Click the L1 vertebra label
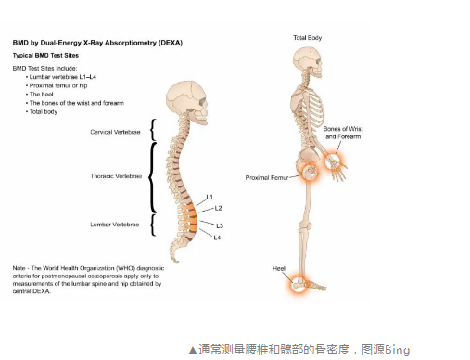210,197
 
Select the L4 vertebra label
217,238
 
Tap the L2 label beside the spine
216,210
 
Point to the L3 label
219,225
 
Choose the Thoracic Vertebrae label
117,175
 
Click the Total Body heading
308,37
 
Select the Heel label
278,268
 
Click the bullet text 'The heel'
41,94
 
